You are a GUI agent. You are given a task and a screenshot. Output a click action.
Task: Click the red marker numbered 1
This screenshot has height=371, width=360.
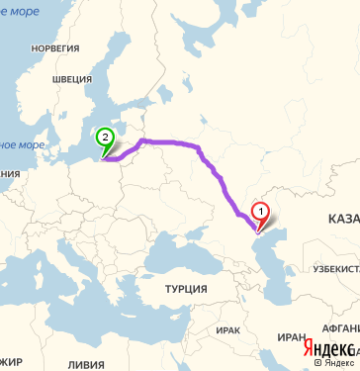pyautogui.click(x=260, y=210)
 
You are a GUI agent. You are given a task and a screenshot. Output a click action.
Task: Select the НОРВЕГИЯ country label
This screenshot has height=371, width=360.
pyautogui.click(x=53, y=47)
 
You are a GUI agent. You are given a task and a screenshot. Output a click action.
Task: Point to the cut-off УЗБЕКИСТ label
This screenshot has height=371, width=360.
pyautogui.click(x=335, y=268)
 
